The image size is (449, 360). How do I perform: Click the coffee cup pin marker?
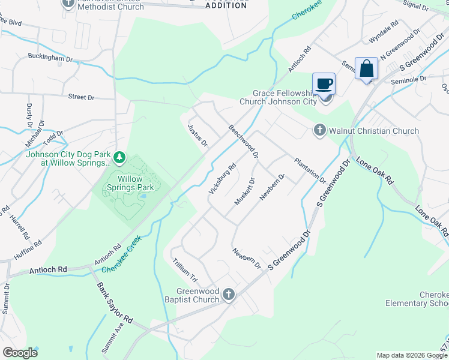click(324, 84)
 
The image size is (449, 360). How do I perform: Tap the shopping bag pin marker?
click(366, 68)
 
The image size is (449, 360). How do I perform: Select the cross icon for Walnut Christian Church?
click(319, 130)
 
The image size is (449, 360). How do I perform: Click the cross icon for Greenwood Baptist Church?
click(228, 295)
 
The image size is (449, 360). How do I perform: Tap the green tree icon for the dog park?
click(120, 157)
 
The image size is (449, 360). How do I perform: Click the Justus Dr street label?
click(197, 136)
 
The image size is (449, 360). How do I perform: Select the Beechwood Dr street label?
click(243, 142)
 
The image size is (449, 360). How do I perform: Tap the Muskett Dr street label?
click(245, 191)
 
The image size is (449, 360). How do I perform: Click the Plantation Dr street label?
click(310, 170)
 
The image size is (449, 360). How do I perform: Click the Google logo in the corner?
click(20, 353)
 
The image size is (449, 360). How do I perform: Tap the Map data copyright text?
click(412, 355)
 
